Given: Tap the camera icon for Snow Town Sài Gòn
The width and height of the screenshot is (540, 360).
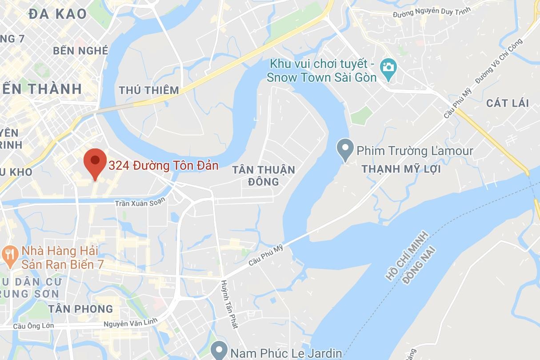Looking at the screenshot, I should pyautogui.click(x=388, y=67).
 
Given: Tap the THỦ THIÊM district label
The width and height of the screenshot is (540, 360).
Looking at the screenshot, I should pyautogui.click(x=148, y=90).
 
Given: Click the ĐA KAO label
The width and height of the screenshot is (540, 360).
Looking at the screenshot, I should pyautogui.click(x=57, y=14).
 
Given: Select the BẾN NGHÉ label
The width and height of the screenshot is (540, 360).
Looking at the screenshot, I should pyautogui.click(x=80, y=51).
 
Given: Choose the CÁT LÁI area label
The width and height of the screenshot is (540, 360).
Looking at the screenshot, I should pyautogui.click(x=508, y=103).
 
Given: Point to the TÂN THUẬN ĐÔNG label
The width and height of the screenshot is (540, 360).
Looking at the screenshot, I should pyautogui.click(x=264, y=176).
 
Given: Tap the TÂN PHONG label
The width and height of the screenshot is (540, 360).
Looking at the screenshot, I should pyautogui.click(x=80, y=308).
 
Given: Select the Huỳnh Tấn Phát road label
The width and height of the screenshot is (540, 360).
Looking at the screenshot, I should pyautogui.click(x=229, y=304).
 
